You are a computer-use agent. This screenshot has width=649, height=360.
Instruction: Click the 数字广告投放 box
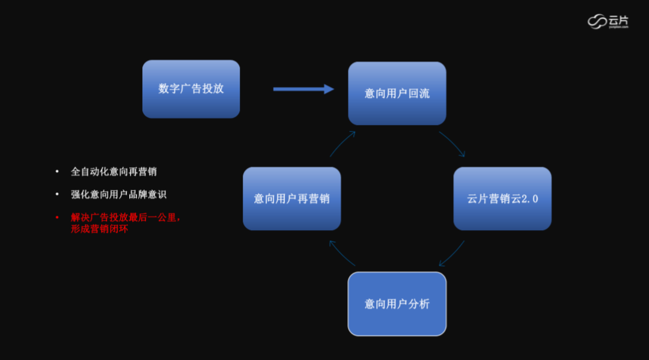pos(191,89)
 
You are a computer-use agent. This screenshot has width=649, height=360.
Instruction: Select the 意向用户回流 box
pos(397,94)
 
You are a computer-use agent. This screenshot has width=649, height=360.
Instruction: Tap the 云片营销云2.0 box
pos(502,198)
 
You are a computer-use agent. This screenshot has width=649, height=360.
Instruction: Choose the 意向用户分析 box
pos(397,304)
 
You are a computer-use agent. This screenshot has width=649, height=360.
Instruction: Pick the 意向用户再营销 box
pos(292,198)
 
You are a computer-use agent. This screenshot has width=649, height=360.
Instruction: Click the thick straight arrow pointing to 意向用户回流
pos(303,89)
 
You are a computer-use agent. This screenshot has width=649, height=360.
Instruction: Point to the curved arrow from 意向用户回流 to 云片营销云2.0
pos(452,143)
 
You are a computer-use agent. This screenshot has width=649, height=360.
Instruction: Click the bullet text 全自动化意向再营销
pos(114,172)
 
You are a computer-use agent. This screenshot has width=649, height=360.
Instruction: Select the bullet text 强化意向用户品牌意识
pos(118,195)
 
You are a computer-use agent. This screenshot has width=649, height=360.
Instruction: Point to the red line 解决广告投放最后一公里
pos(125,218)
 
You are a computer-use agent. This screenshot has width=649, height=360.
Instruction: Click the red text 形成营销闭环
pos(100,229)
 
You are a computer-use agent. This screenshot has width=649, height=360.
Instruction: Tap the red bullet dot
pos(57,218)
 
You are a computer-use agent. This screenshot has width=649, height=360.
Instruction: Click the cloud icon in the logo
pos(597,22)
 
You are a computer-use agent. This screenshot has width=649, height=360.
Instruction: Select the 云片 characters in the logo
pos(618,20)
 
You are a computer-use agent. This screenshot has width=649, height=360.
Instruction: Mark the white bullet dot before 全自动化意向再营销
pos(57,172)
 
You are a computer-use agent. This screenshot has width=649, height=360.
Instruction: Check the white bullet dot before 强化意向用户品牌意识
pos(57,195)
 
